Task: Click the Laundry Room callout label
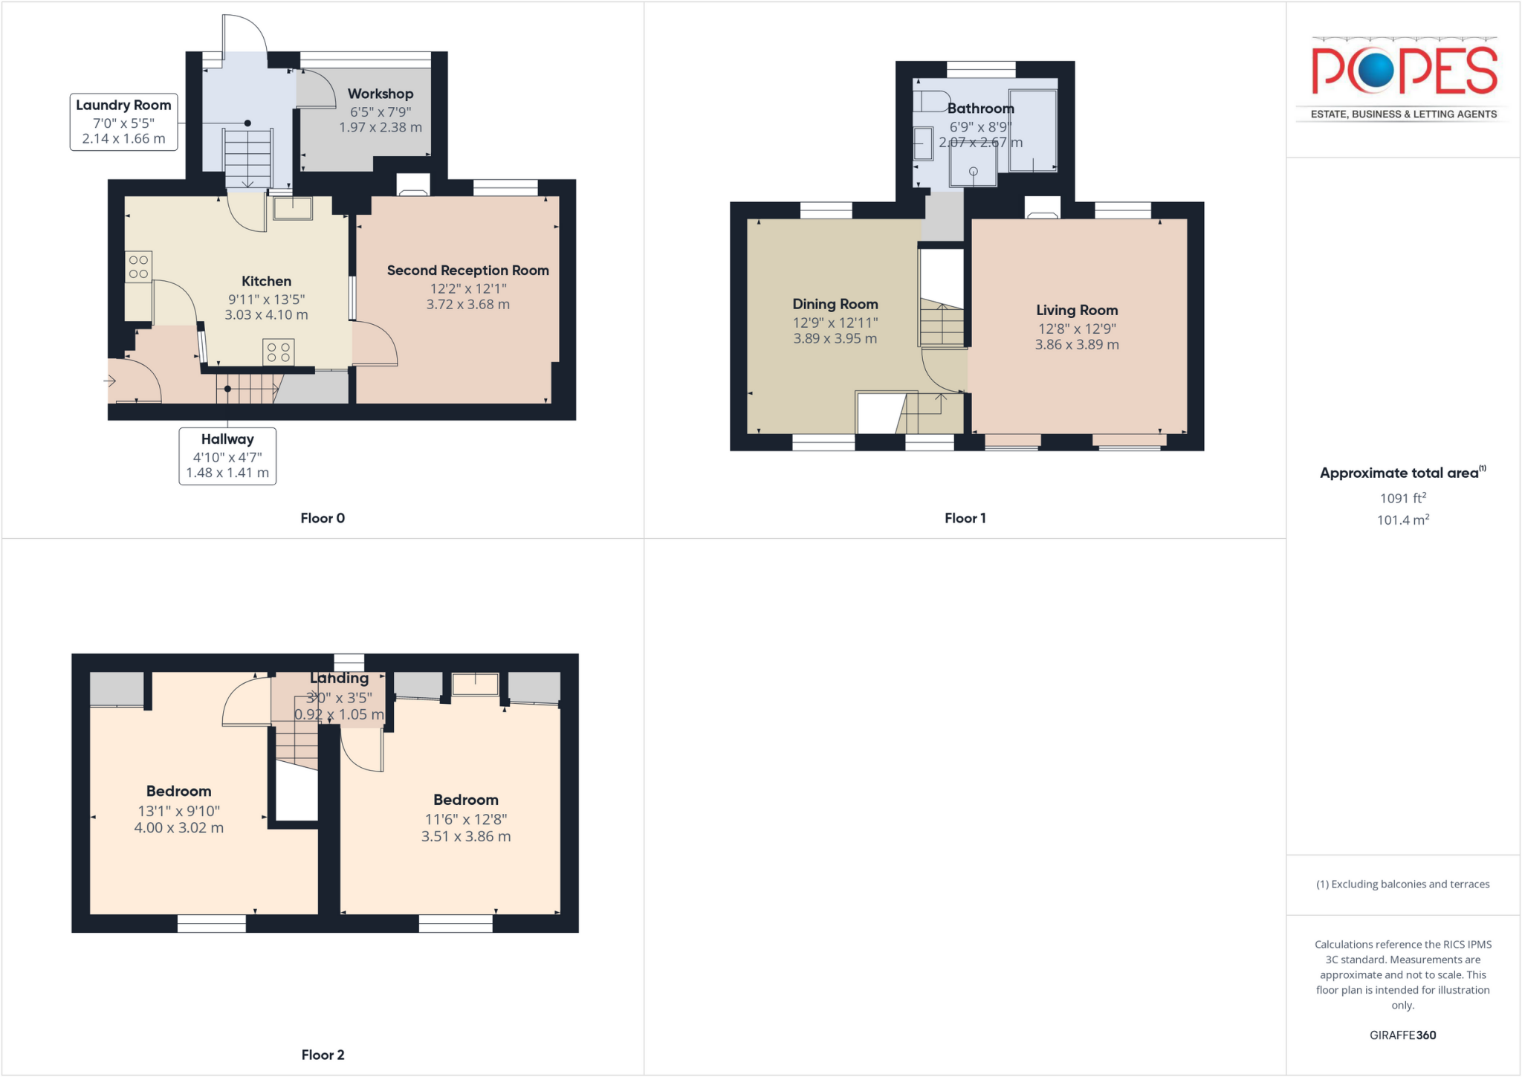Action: (123, 122)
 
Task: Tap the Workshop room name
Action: (380, 94)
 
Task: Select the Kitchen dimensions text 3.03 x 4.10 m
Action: (266, 315)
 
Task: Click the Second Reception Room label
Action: (467, 271)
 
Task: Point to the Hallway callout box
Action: (227, 456)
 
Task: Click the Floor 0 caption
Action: (323, 518)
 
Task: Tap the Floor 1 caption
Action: (965, 518)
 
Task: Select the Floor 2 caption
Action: (323, 1055)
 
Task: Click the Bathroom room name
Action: (980, 109)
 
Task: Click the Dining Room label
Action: (835, 304)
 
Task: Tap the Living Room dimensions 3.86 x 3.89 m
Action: (1076, 345)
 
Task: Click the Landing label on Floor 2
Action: (339, 678)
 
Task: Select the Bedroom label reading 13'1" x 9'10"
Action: (178, 810)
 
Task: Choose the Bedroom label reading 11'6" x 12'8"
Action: (465, 818)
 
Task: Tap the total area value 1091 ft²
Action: (1402, 498)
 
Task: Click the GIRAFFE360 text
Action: (1402, 1035)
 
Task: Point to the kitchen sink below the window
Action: (293, 208)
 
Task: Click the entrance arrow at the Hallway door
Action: (110, 381)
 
